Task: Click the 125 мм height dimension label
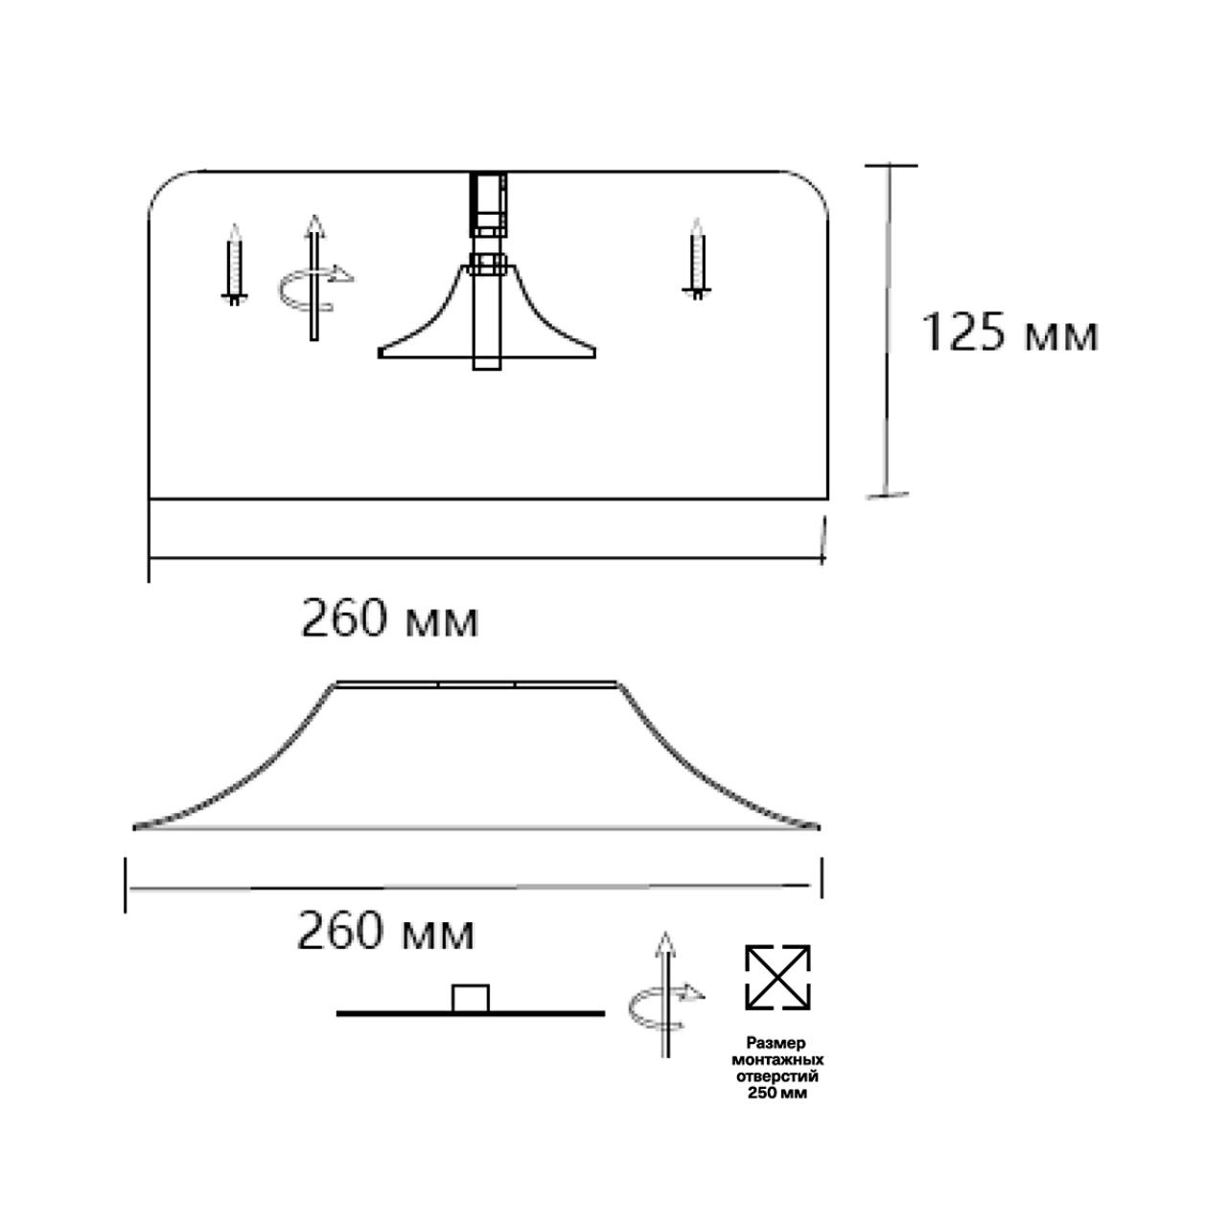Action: [1008, 334]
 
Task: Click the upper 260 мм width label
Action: [390, 619]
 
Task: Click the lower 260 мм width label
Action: [385, 931]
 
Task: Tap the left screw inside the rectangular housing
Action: [234, 264]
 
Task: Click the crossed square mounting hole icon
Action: [777, 977]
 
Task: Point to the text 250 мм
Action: [777, 1093]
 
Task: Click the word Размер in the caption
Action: [777, 1043]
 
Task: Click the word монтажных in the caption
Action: [777, 1060]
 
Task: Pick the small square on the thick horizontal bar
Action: [471, 998]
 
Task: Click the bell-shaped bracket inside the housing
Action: [487, 316]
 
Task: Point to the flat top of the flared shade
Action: [476, 684]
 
